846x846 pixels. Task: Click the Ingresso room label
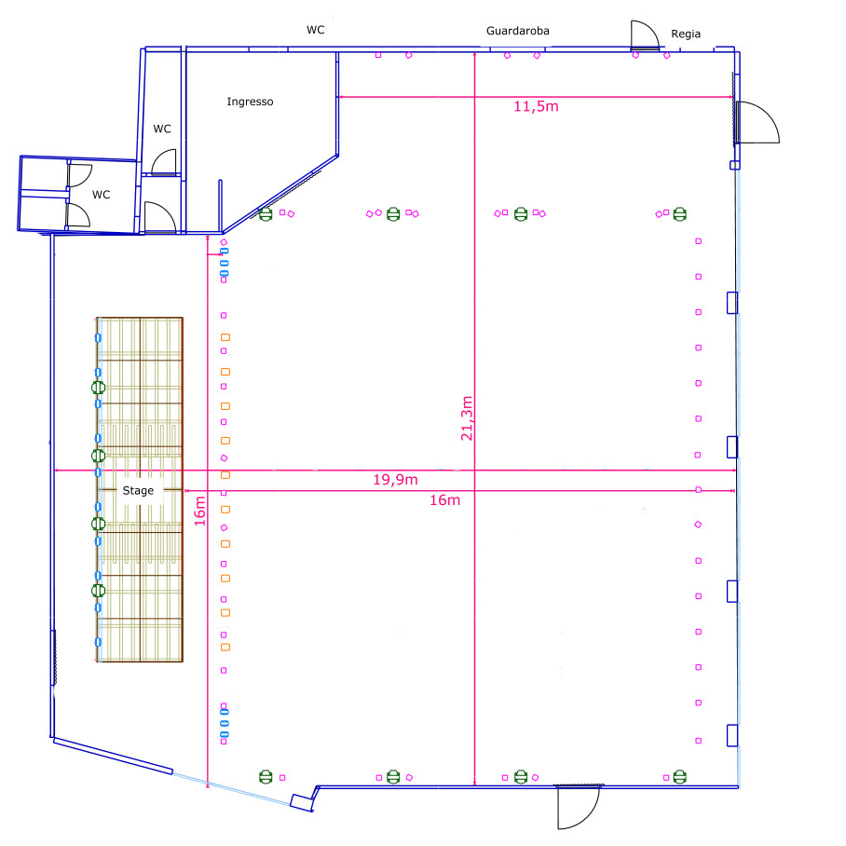pyautogui.click(x=250, y=102)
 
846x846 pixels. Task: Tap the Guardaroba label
pyautogui.click(x=517, y=31)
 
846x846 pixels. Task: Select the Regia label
pyautogui.click(x=686, y=34)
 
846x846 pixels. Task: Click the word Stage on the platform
pyautogui.click(x=138, y=490)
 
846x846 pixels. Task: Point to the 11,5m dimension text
pyautogui.click(x=536, y=106)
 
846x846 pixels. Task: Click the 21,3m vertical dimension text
pyautogui.click(x=467, y=418)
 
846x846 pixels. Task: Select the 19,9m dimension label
pyautogui.click(x=395, y=480)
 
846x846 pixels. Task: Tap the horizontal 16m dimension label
pyautogui.click(x=444, y=500)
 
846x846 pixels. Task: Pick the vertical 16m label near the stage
pyautogui.click(x=199, y=511)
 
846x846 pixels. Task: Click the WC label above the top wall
pyautogui.click(x=316, y=30)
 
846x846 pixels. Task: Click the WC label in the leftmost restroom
pyautogui.click(x=101, y=195)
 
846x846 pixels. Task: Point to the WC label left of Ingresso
pyautogui.click(x=162, y=129)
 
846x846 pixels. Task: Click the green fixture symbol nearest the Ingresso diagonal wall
pyautogui.click(x=266, y=214)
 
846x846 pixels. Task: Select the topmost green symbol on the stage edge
pyautogui.click(x=98, y=388)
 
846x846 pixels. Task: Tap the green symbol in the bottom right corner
pyautogui.click(x=680, y=777)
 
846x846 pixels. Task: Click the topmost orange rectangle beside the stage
pyautogui.click(x=225, y=337)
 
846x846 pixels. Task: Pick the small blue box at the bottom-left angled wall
pyautogui.click(x=302, y=803)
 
